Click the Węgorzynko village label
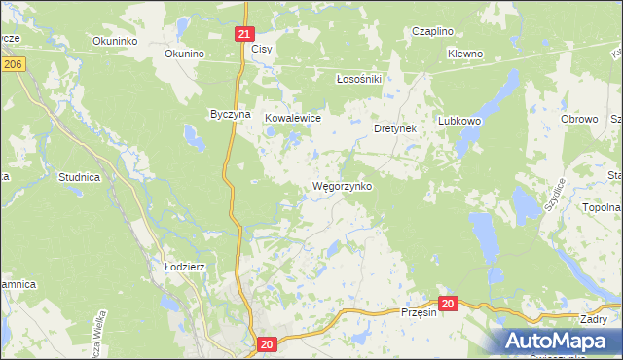tap(342, 185)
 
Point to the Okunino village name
tap(183, 54)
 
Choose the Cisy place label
tap(262, 48)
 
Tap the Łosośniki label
tap(357, 79)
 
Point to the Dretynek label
tap(396, 127)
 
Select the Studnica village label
tap(80, 178)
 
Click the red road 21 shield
tap(244, 34)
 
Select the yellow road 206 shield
tap(12, 63)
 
